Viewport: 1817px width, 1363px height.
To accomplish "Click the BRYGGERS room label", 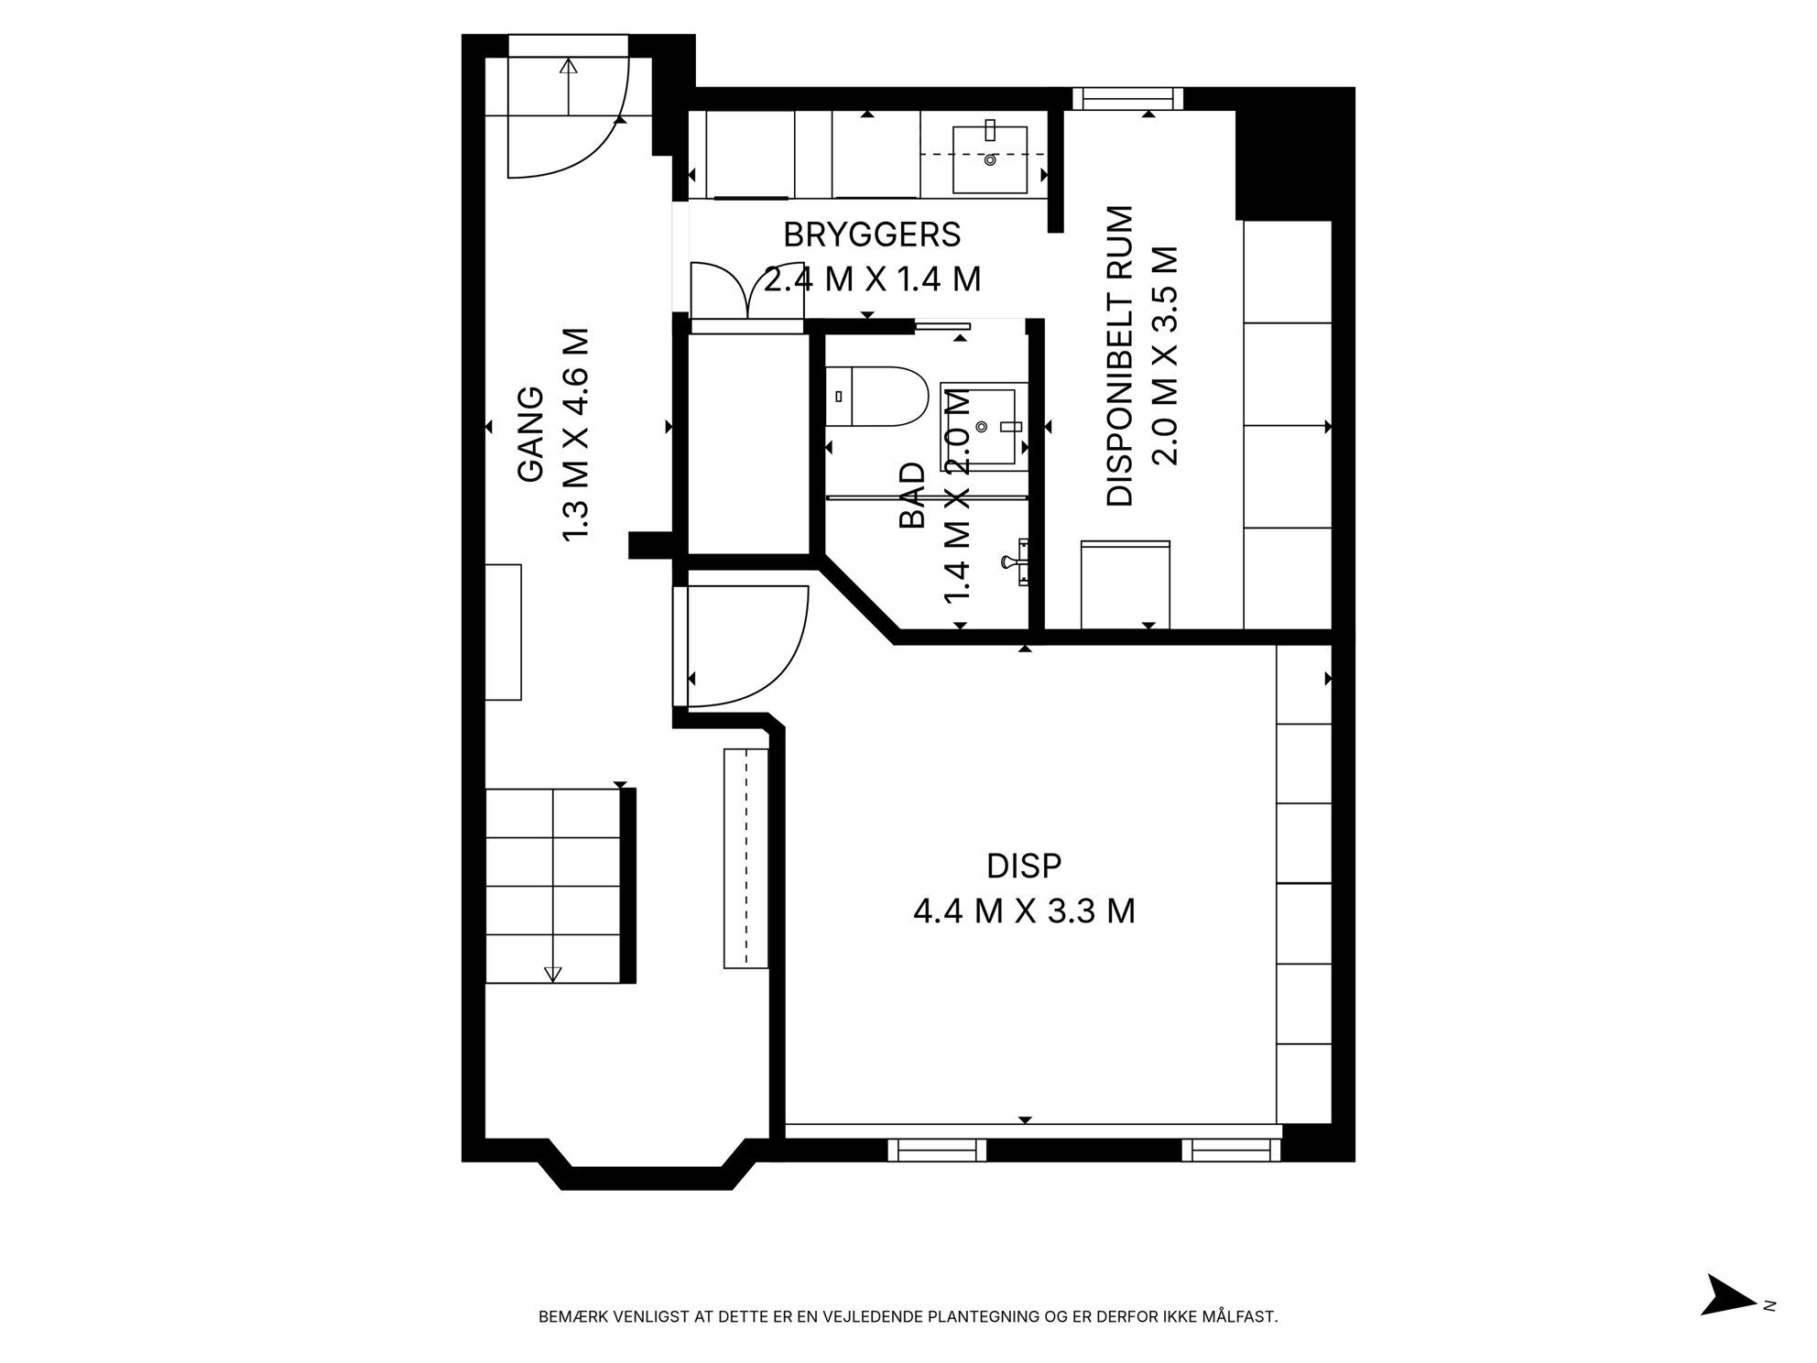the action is point(872,235).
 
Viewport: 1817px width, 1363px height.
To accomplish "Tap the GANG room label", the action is point(531,434).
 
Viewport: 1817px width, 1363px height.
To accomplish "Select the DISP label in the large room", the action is point(1024,866).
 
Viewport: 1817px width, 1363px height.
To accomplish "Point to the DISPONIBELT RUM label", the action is point(1120,356).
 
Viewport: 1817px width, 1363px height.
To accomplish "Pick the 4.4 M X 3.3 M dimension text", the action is point(1024,911).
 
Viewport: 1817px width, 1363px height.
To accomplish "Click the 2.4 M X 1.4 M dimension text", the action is point(872,279).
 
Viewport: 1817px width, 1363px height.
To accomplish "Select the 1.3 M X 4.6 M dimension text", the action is point(575,434).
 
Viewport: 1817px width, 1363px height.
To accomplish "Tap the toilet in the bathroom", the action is point(876,397).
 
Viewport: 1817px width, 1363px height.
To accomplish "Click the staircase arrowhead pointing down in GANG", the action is point(552,974).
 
